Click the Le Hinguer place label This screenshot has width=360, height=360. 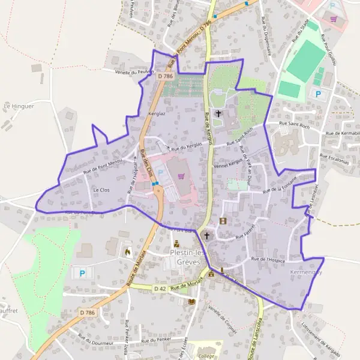coord(19,106)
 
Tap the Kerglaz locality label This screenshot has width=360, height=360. coord(156,113)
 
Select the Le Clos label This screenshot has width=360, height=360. coord(101,190)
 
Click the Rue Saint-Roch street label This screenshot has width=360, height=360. coord(294,125)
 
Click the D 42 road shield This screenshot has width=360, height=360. coord(159,289)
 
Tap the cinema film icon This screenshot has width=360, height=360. coord(223,221)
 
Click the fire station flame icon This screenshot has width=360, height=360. coord(127,253)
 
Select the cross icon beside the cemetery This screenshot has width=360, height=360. coord(218,113)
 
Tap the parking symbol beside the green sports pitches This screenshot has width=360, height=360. coord(318,94)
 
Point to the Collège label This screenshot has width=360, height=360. coord(206,356)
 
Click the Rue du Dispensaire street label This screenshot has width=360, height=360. coord(266,38)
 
